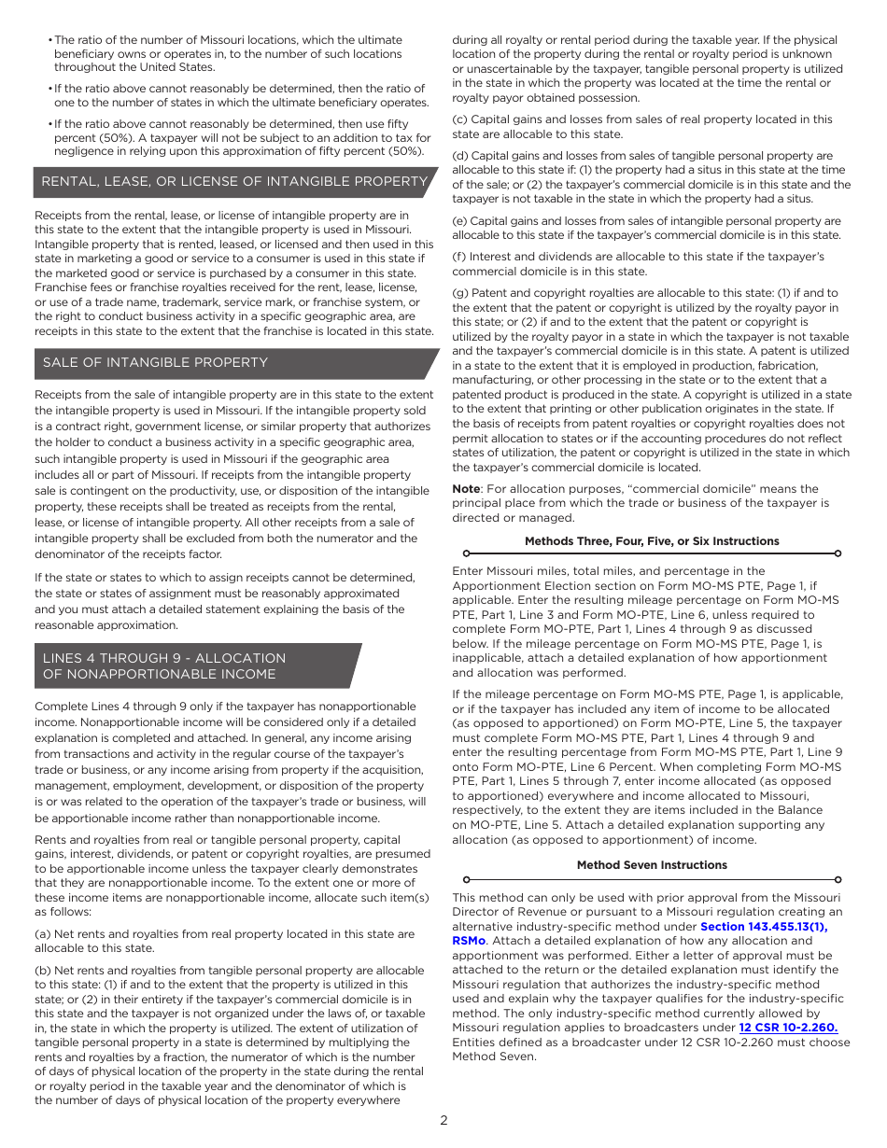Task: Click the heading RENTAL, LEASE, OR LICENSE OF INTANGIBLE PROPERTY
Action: [234, 181]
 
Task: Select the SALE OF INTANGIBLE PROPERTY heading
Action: [155, 362]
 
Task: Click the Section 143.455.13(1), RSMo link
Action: [763, 927]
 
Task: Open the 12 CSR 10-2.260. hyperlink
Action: [788, 1028]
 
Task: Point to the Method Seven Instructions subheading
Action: [651, 865]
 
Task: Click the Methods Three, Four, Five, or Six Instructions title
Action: [651, 541]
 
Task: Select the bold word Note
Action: [465, 489]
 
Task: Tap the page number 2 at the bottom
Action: [443, 1121]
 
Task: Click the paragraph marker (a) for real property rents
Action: [42, 934]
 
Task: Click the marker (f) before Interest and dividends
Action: [458, 257]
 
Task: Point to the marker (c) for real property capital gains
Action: [459, 119]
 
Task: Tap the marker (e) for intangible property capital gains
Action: [459, 221]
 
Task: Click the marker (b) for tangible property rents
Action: [42, 971]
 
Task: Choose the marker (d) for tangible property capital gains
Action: [459, 156]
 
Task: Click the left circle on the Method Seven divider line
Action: [466, 879]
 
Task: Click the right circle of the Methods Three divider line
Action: [838, 553]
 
